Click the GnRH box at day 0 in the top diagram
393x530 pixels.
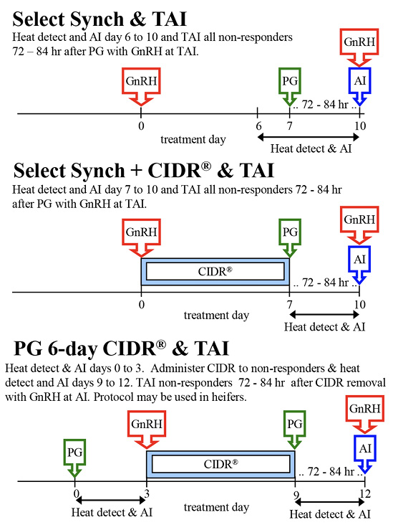pyautogui.click(x=141, y=81)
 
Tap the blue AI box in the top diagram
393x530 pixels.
pyautogui.click(x=360, y=80)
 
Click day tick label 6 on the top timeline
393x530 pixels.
pyautogui.click(x=258, y=126)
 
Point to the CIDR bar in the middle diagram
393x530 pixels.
pyautogui.click(x=215, y=271)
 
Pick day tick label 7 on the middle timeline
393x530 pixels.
pyautogui.click(x=289, y=305)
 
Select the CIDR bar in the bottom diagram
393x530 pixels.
pyautogui.click(x=220, y=464)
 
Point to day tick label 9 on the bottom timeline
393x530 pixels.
pyautogui.click(x=294, y=495)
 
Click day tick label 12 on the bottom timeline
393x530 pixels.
pyautogui.click(x=365, y=495)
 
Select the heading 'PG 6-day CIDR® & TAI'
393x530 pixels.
pyautogui.click(x=122, y=349)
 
